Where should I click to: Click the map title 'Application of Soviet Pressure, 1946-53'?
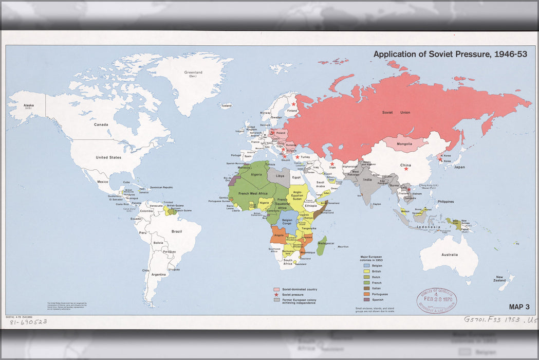point(450,54)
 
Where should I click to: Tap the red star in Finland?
point(293,104)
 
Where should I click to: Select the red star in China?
point(406,169)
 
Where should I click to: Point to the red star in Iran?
point(332,164)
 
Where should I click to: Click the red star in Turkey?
point(297,157)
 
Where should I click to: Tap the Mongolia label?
point(404,144)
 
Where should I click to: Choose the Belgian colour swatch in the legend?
point(366,265)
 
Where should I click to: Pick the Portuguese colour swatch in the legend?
point(366,294)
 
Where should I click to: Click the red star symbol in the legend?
point(276,294)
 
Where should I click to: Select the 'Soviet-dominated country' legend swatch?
point(276,290)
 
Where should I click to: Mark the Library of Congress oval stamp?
point(436,299)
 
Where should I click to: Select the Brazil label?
point(176,231)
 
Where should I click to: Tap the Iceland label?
point(226,105)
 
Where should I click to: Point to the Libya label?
point(280,176)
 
